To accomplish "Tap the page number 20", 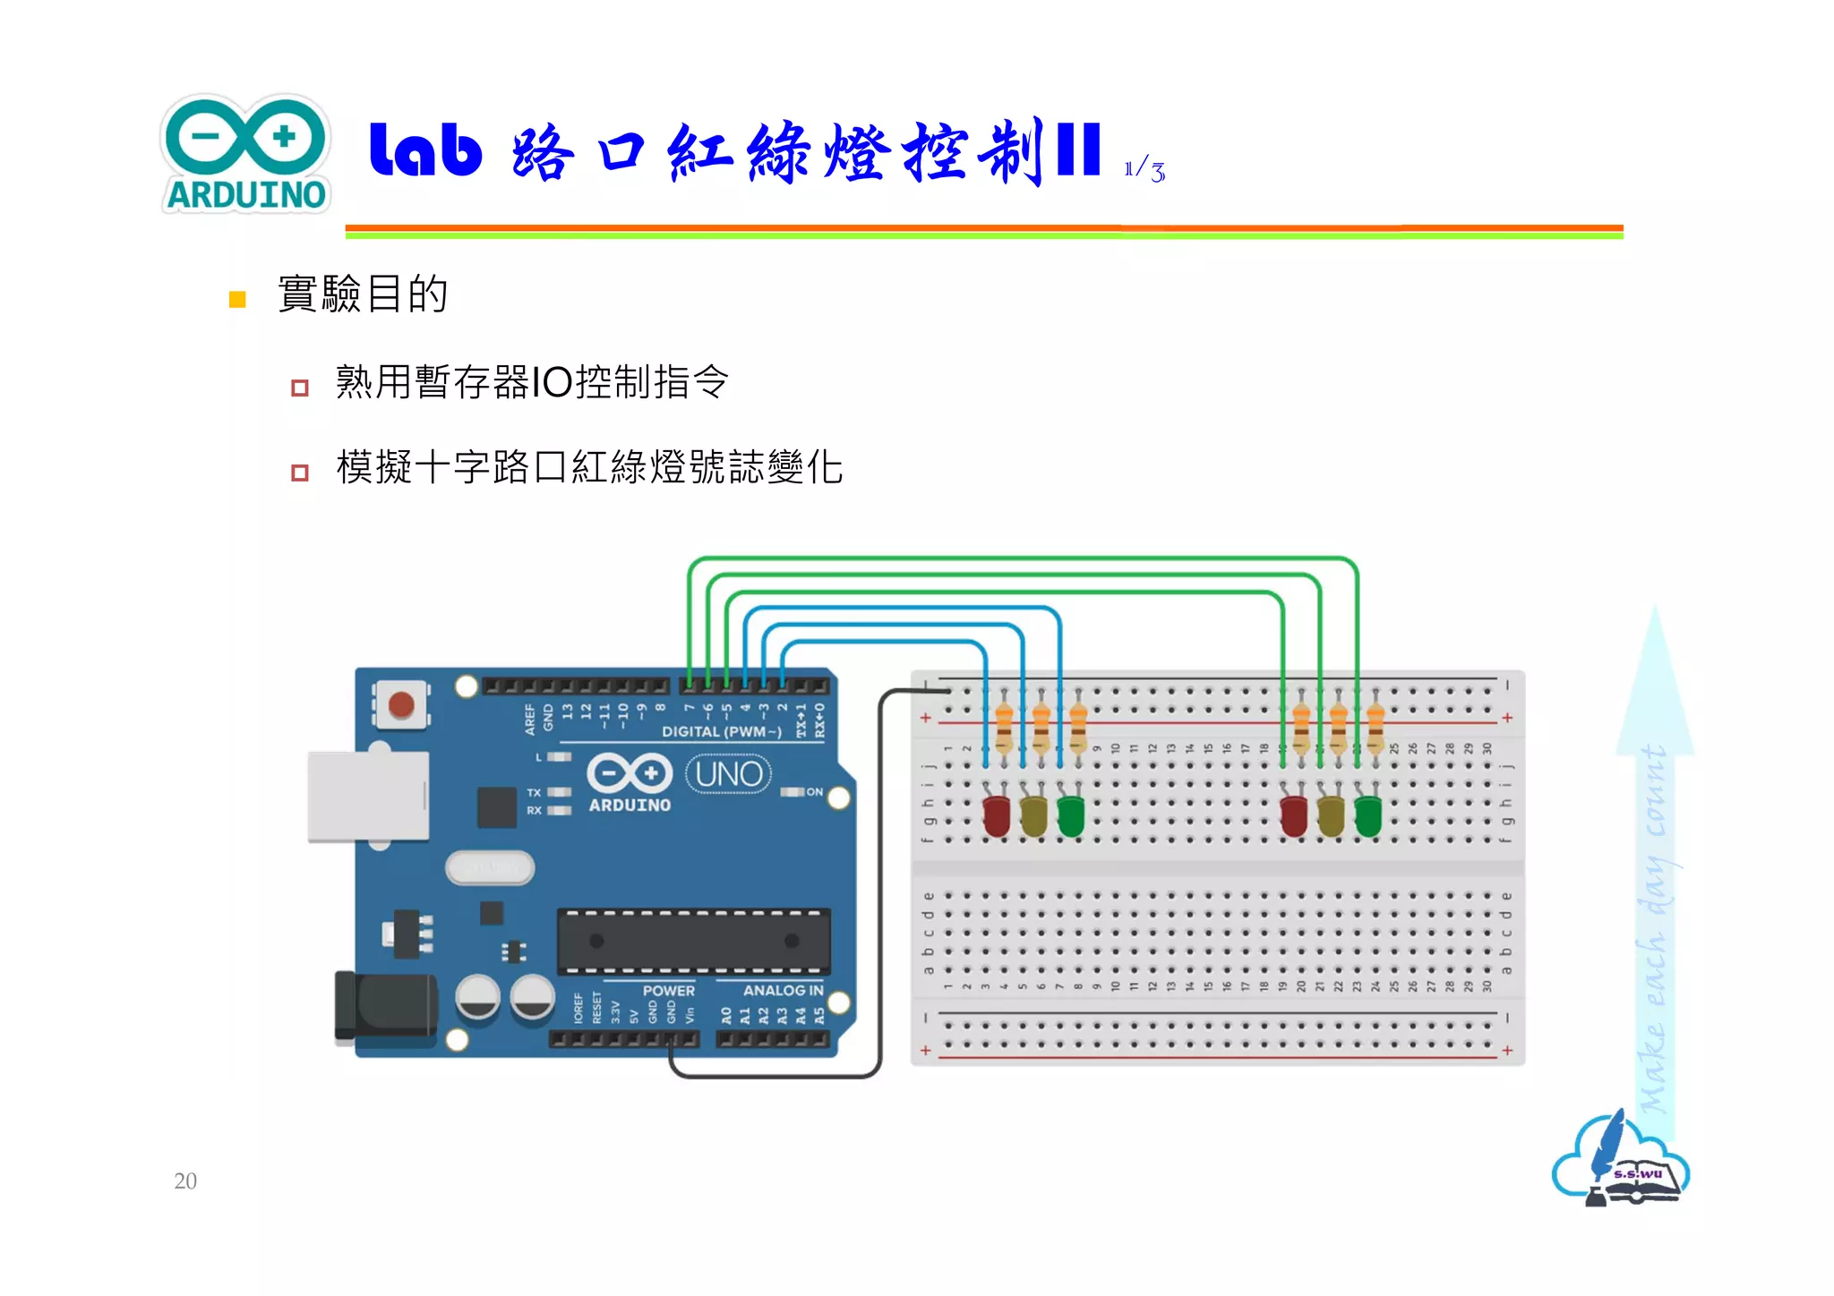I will coord(185,1181).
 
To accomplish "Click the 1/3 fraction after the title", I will coord(1144,169).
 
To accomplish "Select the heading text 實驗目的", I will coord(363,294).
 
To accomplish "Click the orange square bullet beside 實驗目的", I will coord(237,299).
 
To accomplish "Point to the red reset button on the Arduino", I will coord(400,705).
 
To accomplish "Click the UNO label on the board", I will coord(729,774).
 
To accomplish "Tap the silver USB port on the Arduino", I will coord(368,797).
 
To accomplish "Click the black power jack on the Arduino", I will coord(385,1007).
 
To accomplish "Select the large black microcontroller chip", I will coord(693,942).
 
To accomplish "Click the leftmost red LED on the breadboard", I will coord(997,815).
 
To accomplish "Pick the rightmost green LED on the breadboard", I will coord(1367,815).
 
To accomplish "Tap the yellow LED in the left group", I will coord(1033,815).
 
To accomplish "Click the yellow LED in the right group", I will coord(1331,815).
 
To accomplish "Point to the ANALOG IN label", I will coord(783,991).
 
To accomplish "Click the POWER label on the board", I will coord(668,991).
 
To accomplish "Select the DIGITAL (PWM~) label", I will coord(721,732).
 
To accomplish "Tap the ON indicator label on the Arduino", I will coord(814,792).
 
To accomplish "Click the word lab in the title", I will coord(425,149).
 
